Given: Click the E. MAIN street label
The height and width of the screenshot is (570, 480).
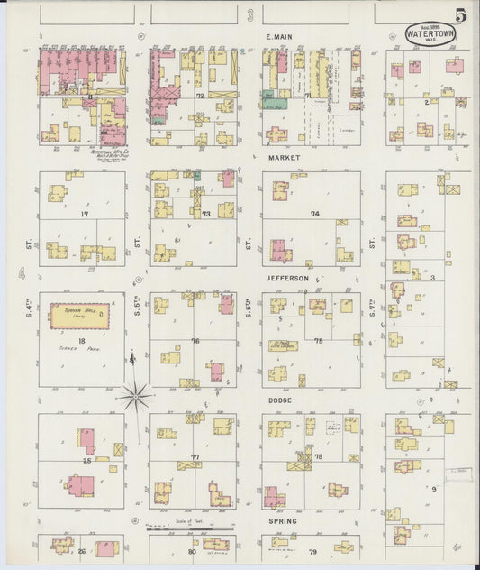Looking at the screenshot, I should tap(281, 37).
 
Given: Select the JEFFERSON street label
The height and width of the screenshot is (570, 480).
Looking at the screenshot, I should tap(286, 279).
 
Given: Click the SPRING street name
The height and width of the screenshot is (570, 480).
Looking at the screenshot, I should tap(282, 521).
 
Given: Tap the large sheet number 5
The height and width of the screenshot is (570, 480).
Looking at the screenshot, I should tap(460, 15).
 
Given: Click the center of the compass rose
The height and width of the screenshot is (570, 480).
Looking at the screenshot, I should tap(135, 393).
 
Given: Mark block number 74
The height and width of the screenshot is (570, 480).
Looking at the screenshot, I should tap(315, 214).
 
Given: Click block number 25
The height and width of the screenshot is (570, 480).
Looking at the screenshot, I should tap(87, 461).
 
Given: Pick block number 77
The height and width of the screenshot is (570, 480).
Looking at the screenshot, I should tap(195, 457).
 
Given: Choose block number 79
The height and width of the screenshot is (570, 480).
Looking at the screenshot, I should tap(313, 550).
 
